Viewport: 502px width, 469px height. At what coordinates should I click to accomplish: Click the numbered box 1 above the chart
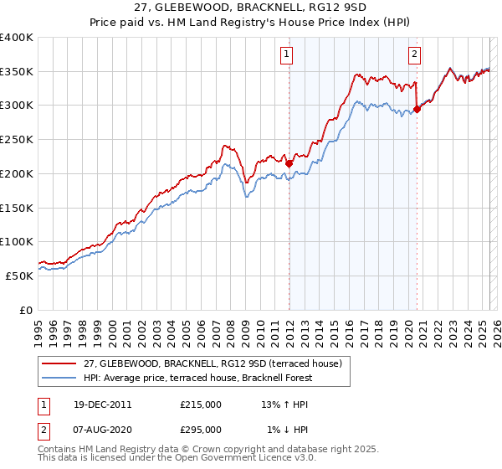tap(286, 54)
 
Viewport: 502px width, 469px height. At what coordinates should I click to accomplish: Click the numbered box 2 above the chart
tap(414, 54)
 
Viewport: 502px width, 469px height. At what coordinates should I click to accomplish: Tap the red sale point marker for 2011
tap(289, 163)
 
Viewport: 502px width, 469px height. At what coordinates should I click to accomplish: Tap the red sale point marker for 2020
tap(417, 109)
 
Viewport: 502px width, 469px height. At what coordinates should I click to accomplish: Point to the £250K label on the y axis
tap(16, 140)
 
